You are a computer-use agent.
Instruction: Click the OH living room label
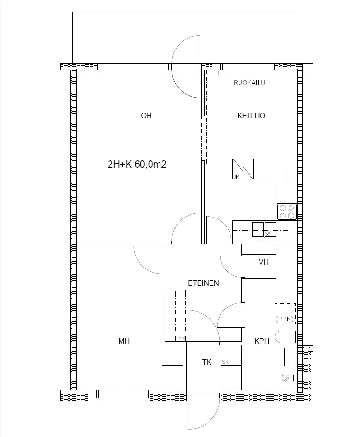(146, 115)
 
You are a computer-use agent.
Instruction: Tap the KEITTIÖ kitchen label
(251, 115)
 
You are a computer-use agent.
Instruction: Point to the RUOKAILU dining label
(250, 83)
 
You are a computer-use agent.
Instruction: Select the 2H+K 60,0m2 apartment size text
(137, 164)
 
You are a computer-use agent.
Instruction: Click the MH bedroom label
(124, 341)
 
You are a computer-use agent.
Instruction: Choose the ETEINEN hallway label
(203, 283)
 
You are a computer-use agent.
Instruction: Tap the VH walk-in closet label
(263, 262)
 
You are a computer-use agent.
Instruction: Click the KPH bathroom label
(261, 341)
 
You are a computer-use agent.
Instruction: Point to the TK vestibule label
(207, 362)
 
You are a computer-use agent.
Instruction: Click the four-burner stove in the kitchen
(287, 212)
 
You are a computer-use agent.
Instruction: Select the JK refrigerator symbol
(243, 169)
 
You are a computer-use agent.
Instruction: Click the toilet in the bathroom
(285, 337)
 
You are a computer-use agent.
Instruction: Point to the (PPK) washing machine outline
(285, 314)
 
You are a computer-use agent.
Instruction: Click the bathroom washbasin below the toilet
(290, 357)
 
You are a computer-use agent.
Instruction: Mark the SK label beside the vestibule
(225, 362)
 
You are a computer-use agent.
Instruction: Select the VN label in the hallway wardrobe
(181, 338)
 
